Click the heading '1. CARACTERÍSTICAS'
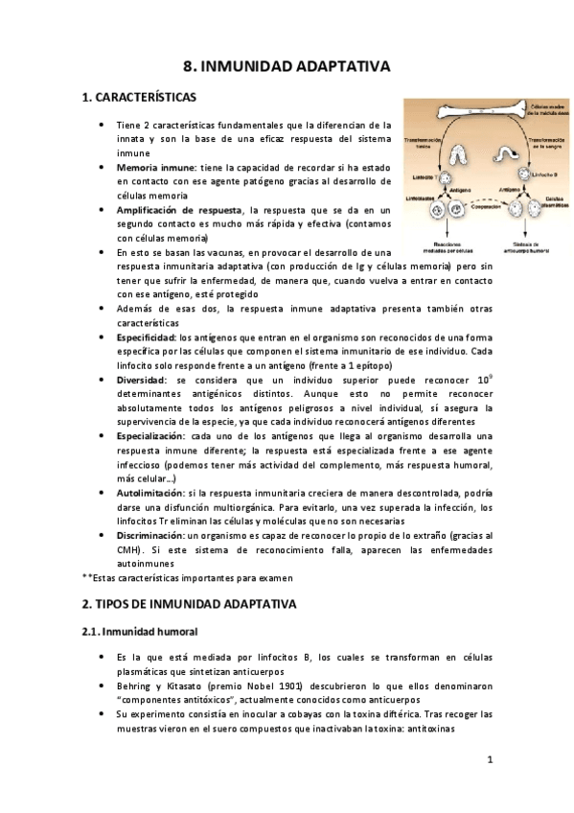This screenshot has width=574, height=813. [139, 98]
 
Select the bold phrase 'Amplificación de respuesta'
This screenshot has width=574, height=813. [179, 210]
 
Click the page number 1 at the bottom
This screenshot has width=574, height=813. [490, 762]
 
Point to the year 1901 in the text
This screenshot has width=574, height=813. [284, 686]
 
